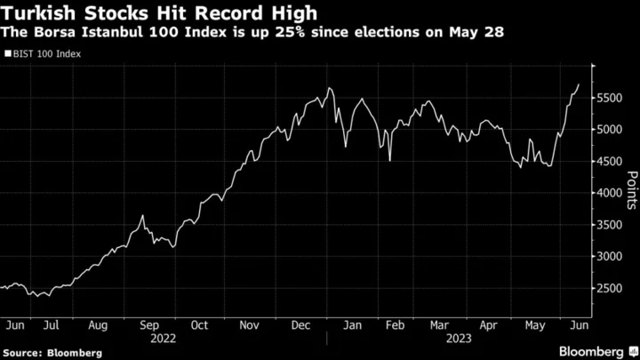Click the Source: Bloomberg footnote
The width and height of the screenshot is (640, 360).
coord(52,353)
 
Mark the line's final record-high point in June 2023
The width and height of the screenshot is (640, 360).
coord(579,84)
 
